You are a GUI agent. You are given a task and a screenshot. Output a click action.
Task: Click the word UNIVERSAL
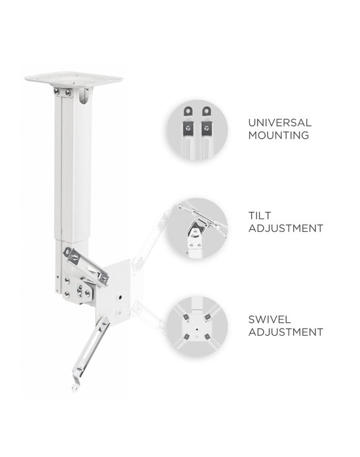point(280,123)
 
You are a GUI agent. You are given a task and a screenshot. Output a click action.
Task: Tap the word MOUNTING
point(279,135)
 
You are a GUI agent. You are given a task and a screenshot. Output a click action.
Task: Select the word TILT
point(260,216)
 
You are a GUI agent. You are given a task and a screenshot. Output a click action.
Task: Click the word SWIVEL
point(270,319)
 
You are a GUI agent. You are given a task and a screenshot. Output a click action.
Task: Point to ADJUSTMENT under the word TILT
point(286,228)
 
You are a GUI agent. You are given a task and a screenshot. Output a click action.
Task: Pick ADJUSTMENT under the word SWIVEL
point(286,332)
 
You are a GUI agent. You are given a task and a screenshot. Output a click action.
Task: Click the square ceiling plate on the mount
point(74,79)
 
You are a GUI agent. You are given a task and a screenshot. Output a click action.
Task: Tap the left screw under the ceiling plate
point(57,92)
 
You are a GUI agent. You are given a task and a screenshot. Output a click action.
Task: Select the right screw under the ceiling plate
point(68,93)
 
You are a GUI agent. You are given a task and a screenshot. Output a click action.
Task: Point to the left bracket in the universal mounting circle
point(188,123)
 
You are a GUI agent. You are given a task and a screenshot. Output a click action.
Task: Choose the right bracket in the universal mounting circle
point(207,123)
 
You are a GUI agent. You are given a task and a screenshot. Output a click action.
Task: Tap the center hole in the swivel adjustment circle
point(196,329)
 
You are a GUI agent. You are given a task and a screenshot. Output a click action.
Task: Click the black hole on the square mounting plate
point(120,298)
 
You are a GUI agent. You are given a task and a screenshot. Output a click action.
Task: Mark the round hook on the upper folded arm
point(68,252)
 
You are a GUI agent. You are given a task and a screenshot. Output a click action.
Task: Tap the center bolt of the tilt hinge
point(79,290)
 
